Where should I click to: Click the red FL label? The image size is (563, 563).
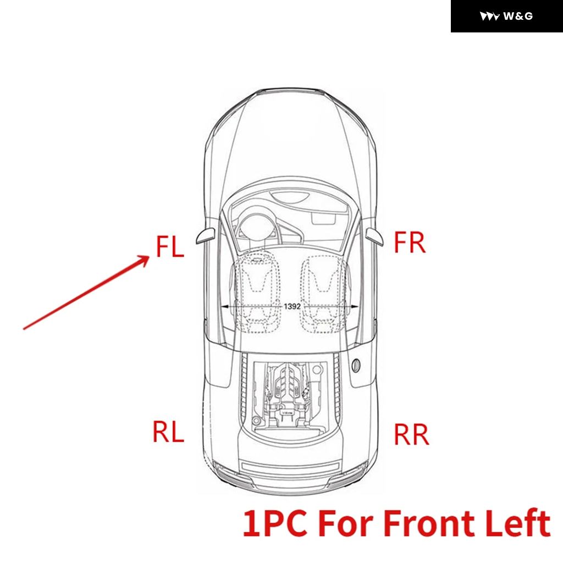coord(170,246)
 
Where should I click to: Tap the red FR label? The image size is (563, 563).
coord(410,242)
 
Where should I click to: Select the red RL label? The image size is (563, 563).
coord(168,431)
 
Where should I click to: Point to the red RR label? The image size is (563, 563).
coord(411,434)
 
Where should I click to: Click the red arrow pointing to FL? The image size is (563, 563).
coord(86,292)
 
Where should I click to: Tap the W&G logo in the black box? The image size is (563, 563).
coord(506,16)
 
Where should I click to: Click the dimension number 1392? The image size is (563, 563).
coord(292,306)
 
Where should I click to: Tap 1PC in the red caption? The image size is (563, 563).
coord(275,523)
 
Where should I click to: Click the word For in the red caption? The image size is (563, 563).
coord(345,523)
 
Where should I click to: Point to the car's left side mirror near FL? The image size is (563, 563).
coord(206,236)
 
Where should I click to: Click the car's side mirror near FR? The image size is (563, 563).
coord(374,236)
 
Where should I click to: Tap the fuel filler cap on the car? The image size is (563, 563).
coord(356,365)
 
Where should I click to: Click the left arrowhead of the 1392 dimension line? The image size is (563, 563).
coord(225,307)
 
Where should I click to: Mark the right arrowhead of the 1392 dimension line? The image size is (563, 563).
coord(354,307)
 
